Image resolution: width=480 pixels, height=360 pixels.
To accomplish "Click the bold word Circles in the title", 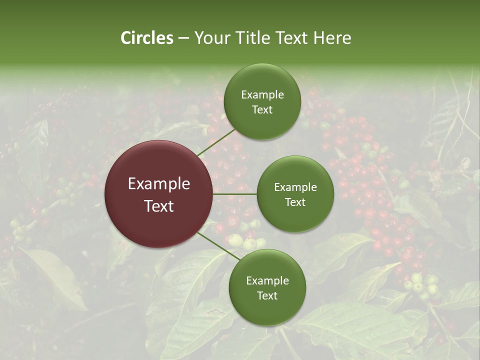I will (147, 38).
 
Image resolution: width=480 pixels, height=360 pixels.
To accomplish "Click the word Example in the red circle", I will (159, 184).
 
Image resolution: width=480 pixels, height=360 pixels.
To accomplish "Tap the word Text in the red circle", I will (159, 206).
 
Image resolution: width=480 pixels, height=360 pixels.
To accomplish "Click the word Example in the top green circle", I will (262, 95).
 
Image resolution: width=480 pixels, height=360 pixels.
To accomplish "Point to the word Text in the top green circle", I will (262, 109).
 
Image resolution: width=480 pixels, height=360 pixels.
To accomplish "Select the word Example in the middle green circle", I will (295, 187).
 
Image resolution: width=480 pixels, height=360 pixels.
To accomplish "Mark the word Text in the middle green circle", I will (295, 202).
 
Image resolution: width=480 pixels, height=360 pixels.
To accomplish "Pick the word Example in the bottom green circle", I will (267, 281).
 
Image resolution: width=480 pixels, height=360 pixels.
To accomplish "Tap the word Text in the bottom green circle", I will (267, 295).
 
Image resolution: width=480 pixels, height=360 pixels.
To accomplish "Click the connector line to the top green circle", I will (216, 142).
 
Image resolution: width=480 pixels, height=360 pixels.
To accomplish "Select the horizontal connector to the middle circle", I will (235, 194).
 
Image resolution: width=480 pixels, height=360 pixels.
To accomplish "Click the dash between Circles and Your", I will (183, 38).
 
